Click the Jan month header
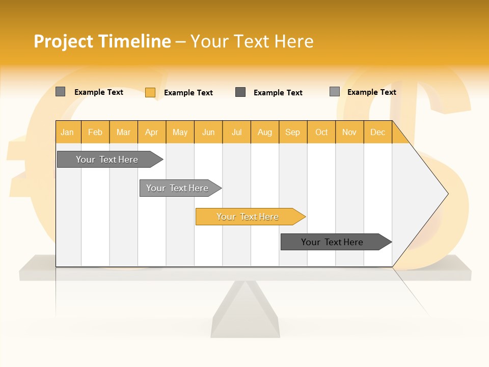click(68, 132)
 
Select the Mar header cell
click(123, 132)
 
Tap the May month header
click(180, 132)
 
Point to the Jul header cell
click(236, 132)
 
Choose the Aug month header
click(264, 132)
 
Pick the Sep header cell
click(292, 132)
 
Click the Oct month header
click(321, 132)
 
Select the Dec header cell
click(377, 132)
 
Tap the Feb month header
click(95, 132)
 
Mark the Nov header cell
click(349, 132)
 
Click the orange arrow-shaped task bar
click(248, 217)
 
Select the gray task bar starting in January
click(107, 160)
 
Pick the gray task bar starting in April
click(177, 188)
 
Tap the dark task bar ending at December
click(332, 242)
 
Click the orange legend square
click(150, 92)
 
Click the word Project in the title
click(64, 41)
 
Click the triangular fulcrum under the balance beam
click(245, 311)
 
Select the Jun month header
click(208, 132)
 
